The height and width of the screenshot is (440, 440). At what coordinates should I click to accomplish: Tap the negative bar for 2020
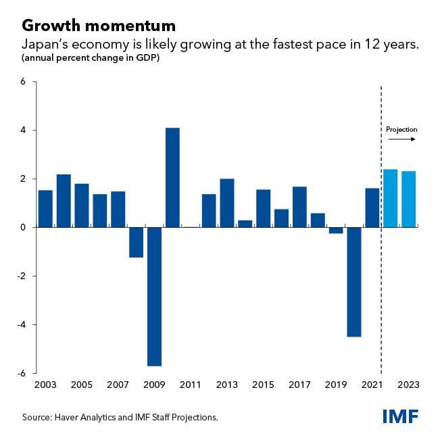pos(353,282)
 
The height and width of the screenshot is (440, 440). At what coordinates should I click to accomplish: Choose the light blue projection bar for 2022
pos(390,198)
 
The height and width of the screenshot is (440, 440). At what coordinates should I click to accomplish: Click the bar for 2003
pos(45,209)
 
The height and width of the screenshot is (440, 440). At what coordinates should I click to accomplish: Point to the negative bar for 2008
pos(136,242)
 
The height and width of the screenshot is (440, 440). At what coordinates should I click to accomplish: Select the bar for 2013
pos(227,203)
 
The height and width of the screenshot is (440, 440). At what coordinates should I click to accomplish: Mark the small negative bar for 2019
pos(336,230)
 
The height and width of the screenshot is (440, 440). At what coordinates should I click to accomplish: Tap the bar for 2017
pos(299,207)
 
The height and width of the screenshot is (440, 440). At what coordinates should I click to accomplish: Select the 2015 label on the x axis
pos(263,385)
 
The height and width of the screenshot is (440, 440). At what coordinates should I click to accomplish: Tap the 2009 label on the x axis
pos(154,385)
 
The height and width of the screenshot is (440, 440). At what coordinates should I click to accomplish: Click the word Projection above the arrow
pos(401,129)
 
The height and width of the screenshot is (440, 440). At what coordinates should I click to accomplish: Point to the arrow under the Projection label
pos(401,140)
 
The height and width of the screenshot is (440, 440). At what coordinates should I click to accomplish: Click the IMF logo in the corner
pos(400,417)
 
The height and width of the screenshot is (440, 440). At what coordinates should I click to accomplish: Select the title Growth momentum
pos(99,26)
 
